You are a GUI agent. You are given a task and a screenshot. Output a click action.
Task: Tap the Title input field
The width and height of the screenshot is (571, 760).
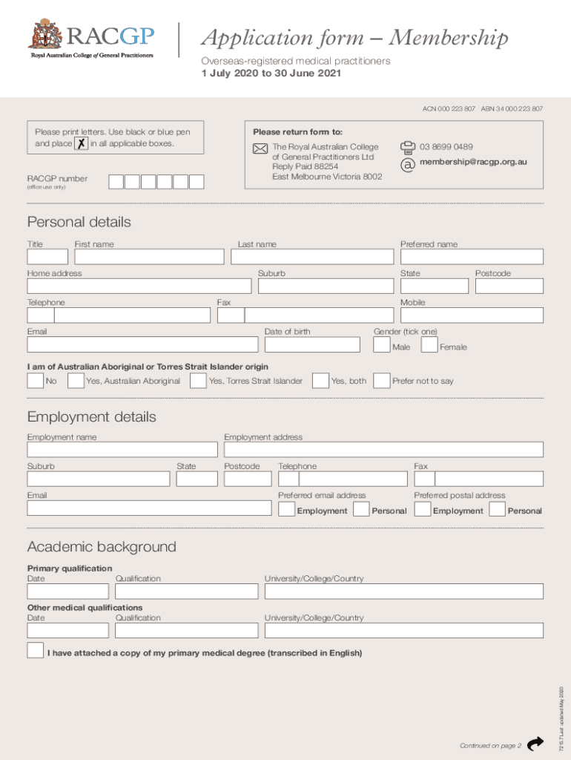point(47,257)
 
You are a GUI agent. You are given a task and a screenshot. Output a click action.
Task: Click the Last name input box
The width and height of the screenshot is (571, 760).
point(312,257)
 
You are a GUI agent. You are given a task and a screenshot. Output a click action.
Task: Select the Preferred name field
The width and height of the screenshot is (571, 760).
point(472,257)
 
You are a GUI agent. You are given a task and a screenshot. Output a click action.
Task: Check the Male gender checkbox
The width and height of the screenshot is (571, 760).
point(382,346)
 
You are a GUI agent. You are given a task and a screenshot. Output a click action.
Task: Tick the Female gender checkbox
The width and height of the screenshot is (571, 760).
point(429,346)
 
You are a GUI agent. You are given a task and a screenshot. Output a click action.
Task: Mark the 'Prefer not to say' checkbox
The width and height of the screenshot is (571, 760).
point(381,381)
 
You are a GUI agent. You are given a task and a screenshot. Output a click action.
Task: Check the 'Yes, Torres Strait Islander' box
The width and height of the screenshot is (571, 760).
point(198,381)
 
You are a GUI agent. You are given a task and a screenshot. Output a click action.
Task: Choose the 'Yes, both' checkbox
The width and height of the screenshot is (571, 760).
point(320,381)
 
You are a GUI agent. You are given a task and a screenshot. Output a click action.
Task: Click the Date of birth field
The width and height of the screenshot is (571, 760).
point(312,345)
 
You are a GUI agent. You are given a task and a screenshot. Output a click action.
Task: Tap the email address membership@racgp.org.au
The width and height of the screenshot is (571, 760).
point(473,162)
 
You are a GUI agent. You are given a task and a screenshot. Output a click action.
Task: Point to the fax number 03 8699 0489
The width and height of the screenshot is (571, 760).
point(446,147)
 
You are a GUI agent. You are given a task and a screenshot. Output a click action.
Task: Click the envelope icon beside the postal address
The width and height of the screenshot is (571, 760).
point(260,148)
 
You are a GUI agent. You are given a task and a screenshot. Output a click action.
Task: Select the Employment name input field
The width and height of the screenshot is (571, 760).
point(122,451)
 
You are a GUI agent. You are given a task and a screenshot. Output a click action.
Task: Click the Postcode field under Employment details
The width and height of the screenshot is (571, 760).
point(247,479)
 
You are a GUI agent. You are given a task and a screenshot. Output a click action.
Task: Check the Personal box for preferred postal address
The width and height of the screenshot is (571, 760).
point(497,510)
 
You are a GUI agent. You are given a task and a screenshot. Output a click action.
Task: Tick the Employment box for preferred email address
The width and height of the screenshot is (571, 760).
point(286,510)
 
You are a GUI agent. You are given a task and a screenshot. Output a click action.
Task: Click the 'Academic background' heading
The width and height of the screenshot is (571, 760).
point(102,547)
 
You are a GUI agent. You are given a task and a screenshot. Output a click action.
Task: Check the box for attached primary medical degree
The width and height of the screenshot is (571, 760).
point(35,651)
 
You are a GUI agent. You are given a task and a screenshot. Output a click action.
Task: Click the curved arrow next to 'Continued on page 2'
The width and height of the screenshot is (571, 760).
point(535,744)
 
